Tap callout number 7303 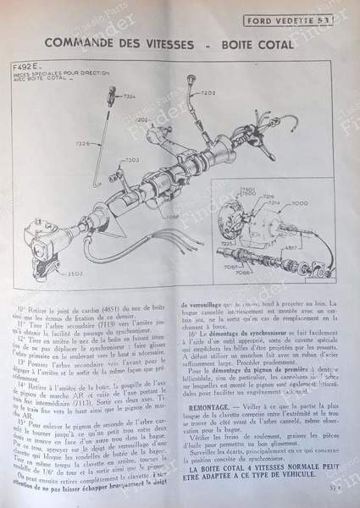click(131, 160)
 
